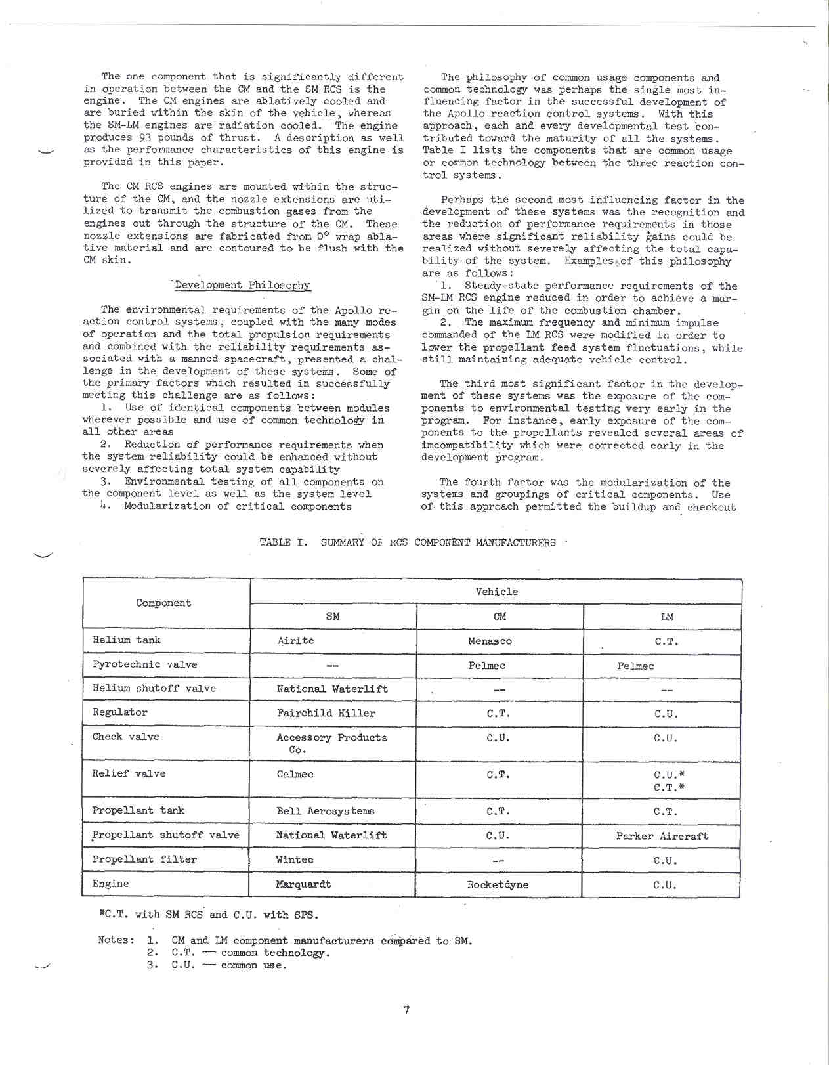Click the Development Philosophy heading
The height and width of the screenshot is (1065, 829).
click(242, 285)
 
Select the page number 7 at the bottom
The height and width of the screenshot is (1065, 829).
click(407, 1010)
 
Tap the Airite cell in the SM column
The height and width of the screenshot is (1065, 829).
click(295, 640)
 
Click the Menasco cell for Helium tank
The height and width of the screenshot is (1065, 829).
click(490, 641)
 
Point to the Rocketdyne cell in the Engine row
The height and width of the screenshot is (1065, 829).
click(498, 884)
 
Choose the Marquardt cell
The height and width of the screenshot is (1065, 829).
click(303, 884)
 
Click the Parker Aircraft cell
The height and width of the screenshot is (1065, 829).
click(662, 836)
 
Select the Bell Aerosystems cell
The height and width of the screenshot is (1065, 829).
click(325, 811)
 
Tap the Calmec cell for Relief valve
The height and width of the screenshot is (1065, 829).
click(295, 774)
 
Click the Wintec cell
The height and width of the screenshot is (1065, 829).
click(294, 859)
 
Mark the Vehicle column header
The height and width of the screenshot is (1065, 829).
click(496, 592)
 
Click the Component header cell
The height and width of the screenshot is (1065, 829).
click(163, 603)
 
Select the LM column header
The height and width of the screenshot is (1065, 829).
click(666, 617)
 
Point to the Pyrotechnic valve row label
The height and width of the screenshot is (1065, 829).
click(144, 664)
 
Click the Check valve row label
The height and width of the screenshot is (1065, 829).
click(125, 737)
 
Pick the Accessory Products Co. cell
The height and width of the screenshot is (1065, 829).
click(331, 743)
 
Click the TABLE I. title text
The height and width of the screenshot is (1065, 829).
click(407, 542)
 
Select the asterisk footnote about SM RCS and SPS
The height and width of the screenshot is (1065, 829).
click(208, 915)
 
